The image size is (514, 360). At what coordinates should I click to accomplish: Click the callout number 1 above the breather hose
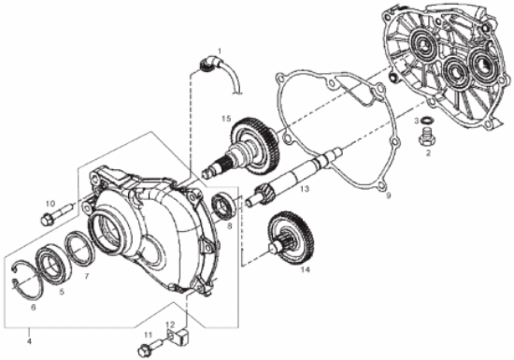[x=220, y=50]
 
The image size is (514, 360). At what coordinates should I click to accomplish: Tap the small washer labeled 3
[x=426, y=121]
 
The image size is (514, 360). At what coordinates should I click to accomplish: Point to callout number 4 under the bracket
[x=29, y=341]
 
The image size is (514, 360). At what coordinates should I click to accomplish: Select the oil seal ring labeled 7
[x=79, y=248]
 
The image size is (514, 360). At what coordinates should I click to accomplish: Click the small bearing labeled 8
[x=224, y=207]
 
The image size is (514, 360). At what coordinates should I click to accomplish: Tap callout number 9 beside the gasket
[x=389, y=196]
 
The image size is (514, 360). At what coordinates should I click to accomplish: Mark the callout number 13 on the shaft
[x=305, y=189]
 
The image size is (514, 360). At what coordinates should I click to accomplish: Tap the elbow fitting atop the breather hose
[x=208, y=63]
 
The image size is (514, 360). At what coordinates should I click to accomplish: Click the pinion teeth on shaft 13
[x=263, y=194]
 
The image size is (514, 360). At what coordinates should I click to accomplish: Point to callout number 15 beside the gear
[x=226, y=119]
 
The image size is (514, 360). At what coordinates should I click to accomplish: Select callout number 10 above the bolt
[x=50, y=204]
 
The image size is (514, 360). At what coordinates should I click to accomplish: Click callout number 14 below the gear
[x=305, y=269]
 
